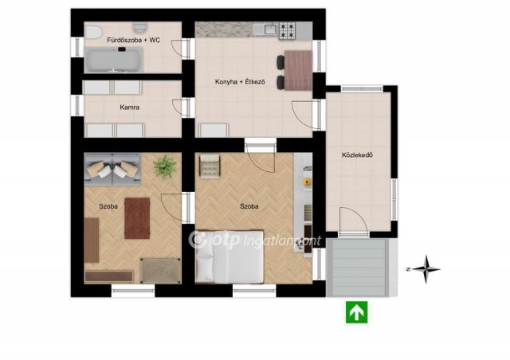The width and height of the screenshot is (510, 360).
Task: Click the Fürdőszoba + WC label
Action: pos(133,40)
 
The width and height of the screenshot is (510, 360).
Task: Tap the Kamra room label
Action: pos(129,107)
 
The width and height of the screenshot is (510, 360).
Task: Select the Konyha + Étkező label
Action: pos(240,81)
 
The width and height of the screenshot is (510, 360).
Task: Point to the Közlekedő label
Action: pos(357,155)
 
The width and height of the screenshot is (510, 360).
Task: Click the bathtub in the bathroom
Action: pos(113,60)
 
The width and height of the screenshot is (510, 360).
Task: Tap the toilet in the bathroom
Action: pos(92,32)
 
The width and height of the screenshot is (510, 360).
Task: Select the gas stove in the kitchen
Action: pos(287,31)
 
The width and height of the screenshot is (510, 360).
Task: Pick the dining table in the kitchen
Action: pos(298,70)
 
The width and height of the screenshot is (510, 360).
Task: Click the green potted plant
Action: pos(165,166)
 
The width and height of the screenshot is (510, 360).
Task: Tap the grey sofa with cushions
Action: pos(112,170)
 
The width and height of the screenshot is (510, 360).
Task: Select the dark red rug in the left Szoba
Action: pos(137,218)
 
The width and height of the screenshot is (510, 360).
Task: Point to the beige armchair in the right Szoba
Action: pos(210,166)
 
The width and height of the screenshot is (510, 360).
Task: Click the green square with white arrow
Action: pos(356,312)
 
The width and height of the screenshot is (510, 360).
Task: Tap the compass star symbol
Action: pos(426,269)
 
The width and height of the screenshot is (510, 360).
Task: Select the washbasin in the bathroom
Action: pos(140,28)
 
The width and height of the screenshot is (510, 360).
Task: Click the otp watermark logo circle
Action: pos(198,240)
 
